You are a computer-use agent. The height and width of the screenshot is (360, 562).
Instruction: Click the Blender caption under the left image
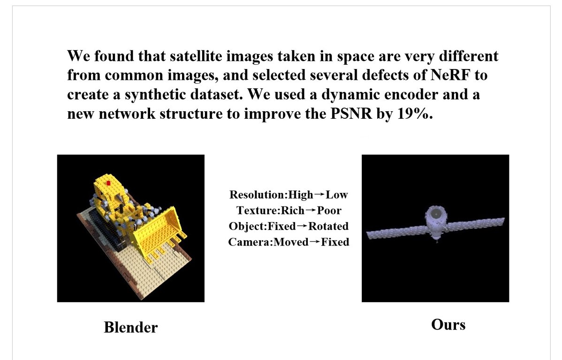[130, 327]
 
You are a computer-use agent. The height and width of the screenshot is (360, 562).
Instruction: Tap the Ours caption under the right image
[448, 324]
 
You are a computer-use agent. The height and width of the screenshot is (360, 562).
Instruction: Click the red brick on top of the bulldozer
[109, 183]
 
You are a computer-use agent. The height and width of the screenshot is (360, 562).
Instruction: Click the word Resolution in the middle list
[258, 195]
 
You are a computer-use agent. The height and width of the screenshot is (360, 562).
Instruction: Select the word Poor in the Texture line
[329, 210]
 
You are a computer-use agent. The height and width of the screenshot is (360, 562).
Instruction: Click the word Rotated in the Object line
[328, 226]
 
